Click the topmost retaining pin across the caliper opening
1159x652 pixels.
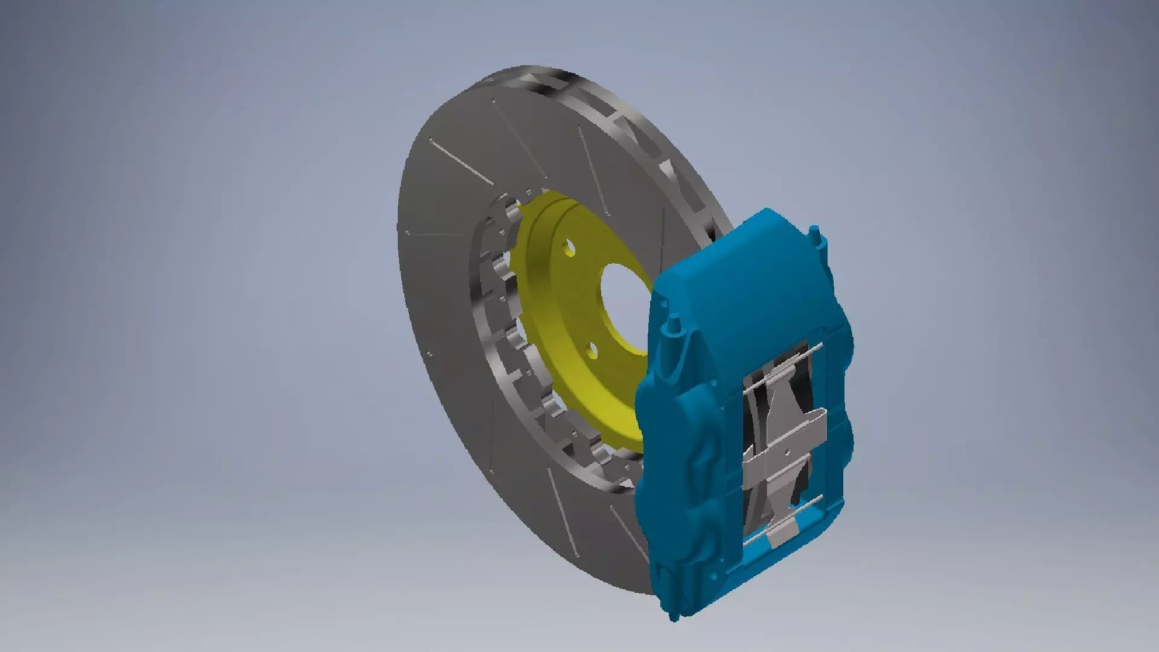[785, 356]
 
